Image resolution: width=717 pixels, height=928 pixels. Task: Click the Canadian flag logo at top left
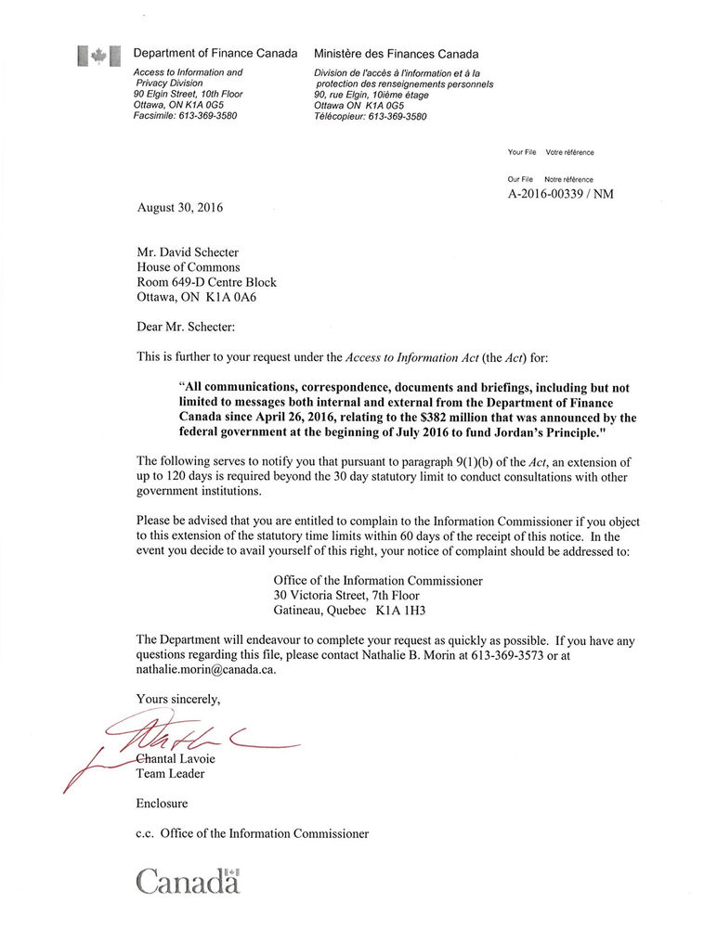pyautogui.click(x=98, y=56)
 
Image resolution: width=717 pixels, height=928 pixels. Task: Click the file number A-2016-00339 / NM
pyautogui.click(x=560, y=194)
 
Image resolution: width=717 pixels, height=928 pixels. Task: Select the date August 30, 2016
pyautogui.click(x=179, y=208)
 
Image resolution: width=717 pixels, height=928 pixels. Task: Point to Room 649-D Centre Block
pyautogui.click(x=206, y=282)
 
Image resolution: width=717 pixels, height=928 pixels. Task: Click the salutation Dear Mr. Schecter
pyautogui.click(x=186, y=326)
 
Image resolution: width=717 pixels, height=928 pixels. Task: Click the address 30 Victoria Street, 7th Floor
pyautogui.click(x=346, y=595)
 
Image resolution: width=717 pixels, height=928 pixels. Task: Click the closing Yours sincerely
pyautogui.click(x=178, y=698)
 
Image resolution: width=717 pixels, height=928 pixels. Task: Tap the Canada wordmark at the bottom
pyautogui.click(x=189, y=881)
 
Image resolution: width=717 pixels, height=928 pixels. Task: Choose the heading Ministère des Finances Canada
pyautogui.click(x=397, y=55)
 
